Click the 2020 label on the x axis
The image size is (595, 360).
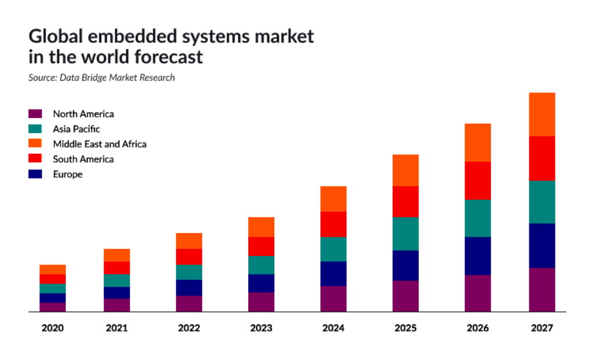pyautogui.click(x=52, y=328)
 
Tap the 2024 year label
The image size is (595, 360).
pyautogui.click(x=333, y=328)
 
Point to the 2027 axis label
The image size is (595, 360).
pyautogui.click(x=542, y=328)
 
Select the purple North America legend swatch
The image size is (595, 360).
pyautogui.click(x=35, y=114)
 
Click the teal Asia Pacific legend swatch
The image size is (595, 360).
pyautogui.click(x=35, y=129)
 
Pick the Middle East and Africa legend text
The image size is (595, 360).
pyautogui.click(x=99, y=144)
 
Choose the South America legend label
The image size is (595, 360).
pyautogui.click(x=83, y=159)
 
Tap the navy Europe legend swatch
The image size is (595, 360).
pyautogui.click(x=35, y=174)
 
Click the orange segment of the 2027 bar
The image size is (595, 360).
pyautogui.click(x=542, y=114)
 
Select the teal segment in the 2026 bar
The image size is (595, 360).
pyautogui.click(x=478, y=218)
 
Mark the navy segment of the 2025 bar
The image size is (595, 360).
pyautogui.click(x=406, y=265)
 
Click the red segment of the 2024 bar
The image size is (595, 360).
pyautogui.click(x=333, y=224)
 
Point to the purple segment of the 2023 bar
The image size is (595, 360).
pyautogui.click(x=261, y=302)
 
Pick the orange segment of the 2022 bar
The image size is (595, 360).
pyautogui.click(x=189, y=241)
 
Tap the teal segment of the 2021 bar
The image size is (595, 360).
pyautogui.click(x=116, y=280)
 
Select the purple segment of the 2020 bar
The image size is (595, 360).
pyautogui.click(x=52, y=307)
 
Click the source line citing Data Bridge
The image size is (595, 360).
pyautogui.click(x=102, y=77)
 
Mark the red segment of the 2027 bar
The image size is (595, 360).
pyautogui.click(x=542, y=159)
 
